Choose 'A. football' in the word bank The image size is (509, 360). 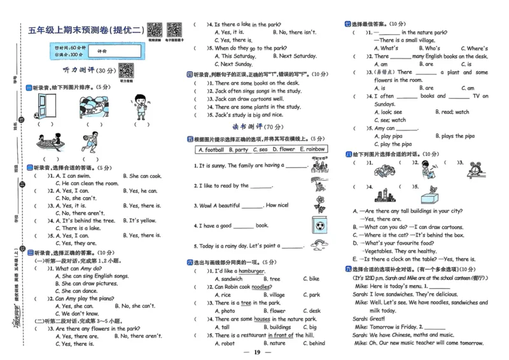click(211, 149)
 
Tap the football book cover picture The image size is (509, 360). click(319, 225)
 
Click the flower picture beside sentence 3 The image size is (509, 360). click(319, 204)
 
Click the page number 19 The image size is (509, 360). click(257, 352)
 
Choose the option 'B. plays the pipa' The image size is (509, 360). click(454, 136)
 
